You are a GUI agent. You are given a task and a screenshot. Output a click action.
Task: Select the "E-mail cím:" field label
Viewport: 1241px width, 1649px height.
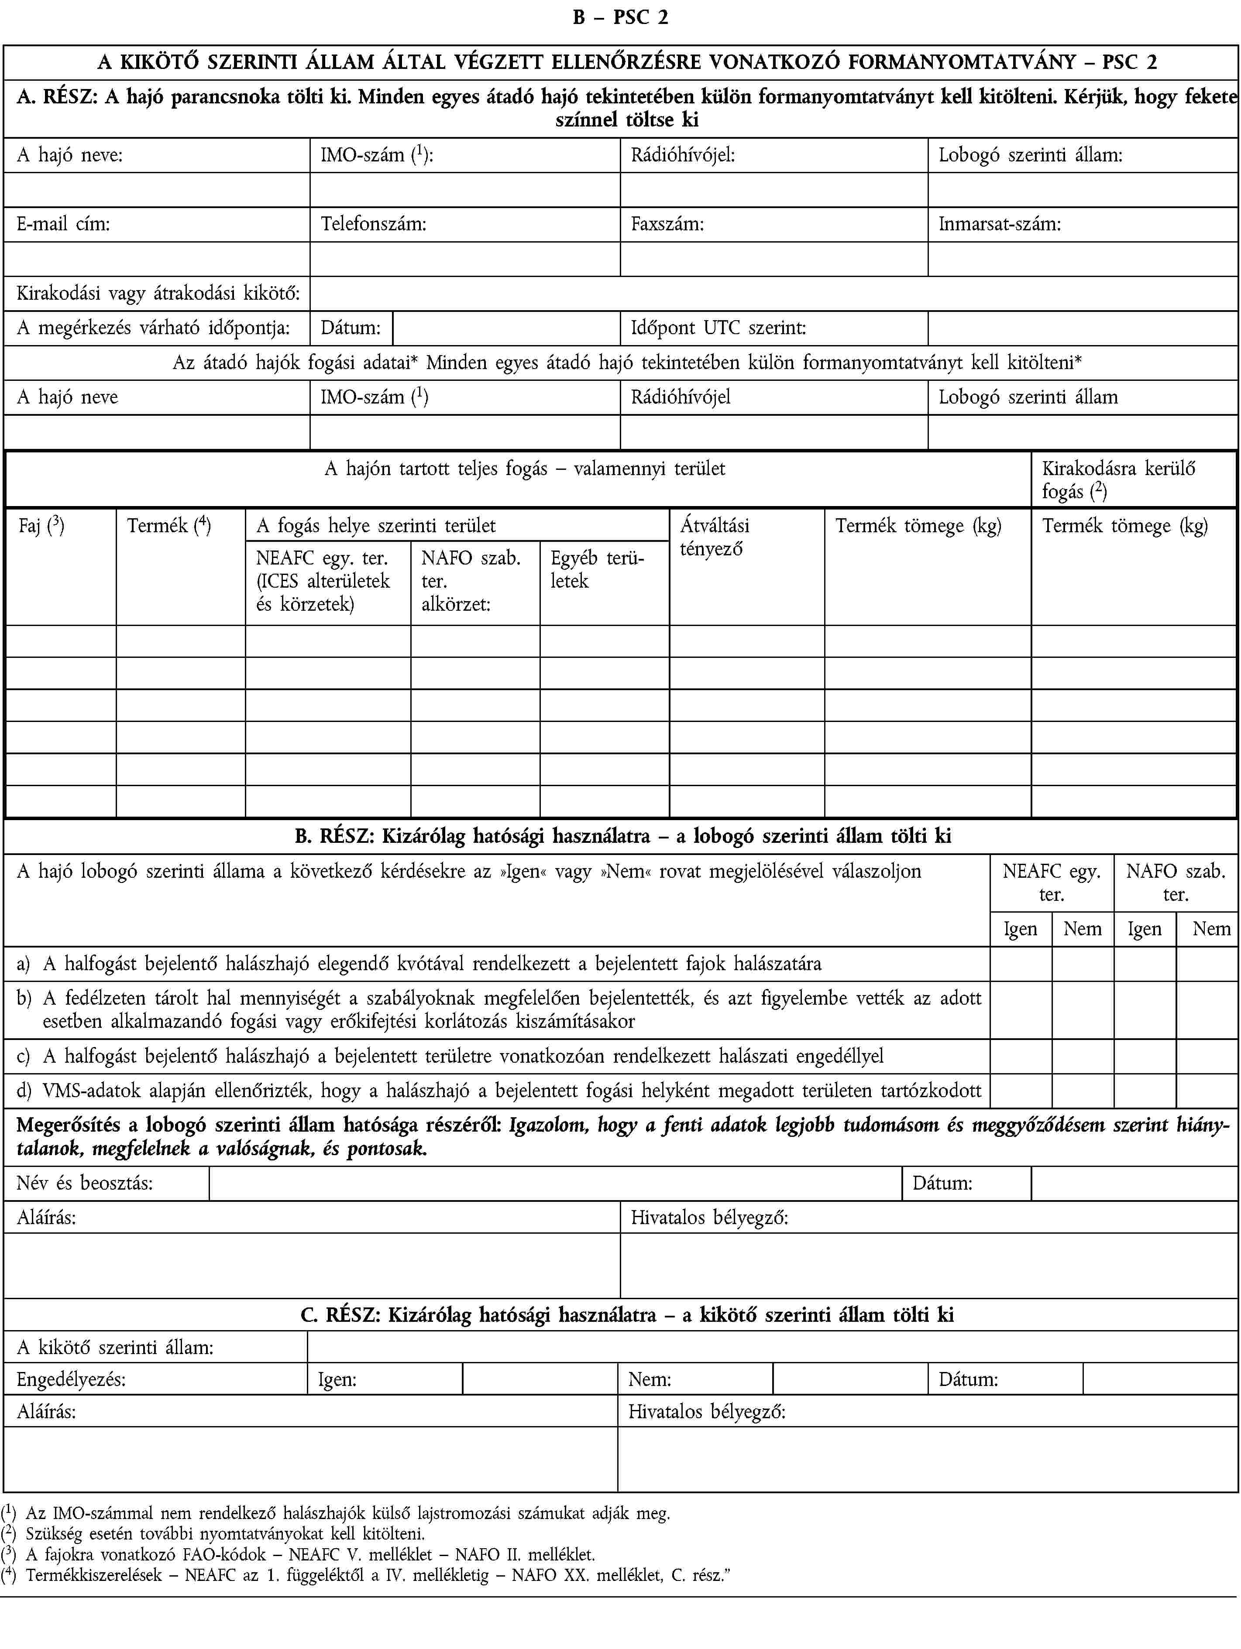tap(63, 224)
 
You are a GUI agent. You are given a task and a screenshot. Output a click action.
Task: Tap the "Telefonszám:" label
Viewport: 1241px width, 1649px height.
tap(374, 224)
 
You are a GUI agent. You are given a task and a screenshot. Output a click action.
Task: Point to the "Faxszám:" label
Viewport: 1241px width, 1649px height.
tap(667, 224)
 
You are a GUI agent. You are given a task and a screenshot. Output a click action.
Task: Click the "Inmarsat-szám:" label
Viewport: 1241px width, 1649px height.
tap(999, 224)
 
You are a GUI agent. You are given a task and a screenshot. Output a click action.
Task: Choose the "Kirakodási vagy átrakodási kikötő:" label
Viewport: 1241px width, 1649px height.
tap(158, 294)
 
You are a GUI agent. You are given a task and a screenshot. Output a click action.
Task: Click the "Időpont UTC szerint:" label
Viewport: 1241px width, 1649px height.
tap(718, 328)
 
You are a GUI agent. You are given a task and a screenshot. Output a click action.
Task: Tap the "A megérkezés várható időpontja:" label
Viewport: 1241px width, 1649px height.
tap(153, 328)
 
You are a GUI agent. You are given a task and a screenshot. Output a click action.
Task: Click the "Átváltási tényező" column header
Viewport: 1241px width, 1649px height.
tap(715, 537)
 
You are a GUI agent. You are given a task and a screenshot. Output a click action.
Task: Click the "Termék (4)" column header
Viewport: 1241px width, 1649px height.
tap(168, 526)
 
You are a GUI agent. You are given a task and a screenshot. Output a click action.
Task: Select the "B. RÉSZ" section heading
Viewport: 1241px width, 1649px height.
tap(623, 836)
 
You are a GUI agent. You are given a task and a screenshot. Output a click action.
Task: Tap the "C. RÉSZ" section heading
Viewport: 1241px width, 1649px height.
tap(626, 1315)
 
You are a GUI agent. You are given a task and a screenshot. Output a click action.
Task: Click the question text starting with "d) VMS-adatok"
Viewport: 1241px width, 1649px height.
tap(498, 1091)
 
